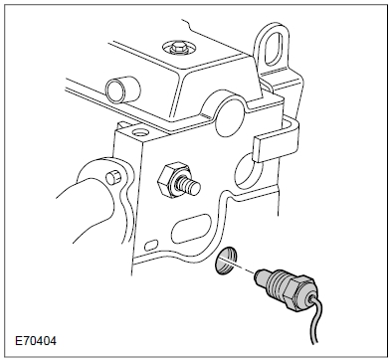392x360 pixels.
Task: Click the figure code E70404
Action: [36, 341]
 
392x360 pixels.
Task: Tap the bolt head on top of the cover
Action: [178, 48]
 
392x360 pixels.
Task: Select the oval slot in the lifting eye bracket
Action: [274, 47]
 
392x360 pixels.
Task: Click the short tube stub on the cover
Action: [122, 90]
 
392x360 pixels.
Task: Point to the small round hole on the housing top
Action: [139, 132]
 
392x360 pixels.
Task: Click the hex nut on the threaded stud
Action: [171, 180]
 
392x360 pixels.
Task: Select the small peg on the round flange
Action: [113, 176]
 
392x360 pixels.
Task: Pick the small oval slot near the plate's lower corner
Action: [151, 246]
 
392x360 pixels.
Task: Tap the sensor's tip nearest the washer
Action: [261, 274]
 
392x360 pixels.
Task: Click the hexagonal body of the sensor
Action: [302, 291]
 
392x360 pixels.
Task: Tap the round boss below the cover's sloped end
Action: [231, 113]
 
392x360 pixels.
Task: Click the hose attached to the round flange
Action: [87, 211]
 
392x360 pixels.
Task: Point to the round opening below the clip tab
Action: [248, 168]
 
